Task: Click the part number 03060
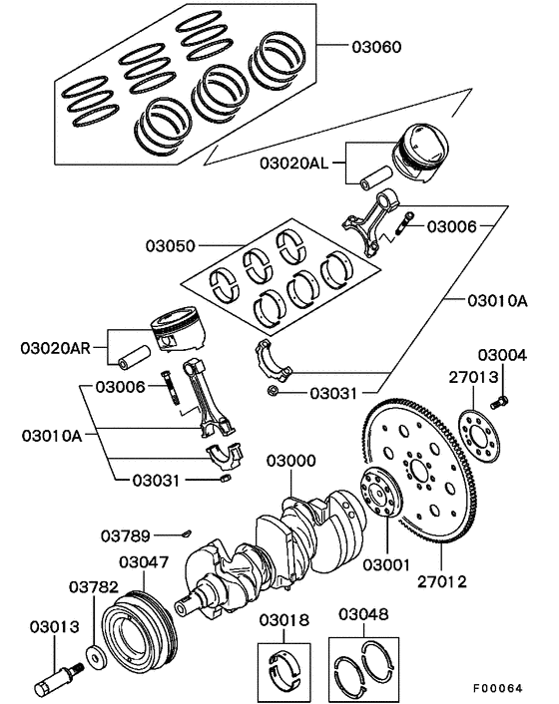[376, 45]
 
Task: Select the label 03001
[386, 565]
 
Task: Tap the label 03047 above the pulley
[144, 562]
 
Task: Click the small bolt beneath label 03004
[501, 401]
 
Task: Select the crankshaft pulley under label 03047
[142, 628]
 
